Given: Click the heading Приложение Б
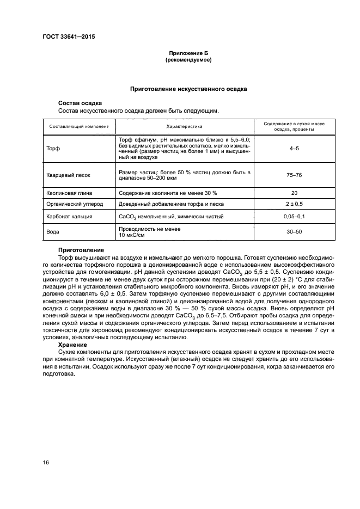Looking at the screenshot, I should pos(188,53).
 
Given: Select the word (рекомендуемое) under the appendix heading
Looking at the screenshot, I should pos(188,60).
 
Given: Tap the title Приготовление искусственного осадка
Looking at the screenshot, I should pos(188,88).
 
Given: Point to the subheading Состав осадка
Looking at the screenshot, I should pos(80,103).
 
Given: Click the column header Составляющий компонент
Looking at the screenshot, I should pos(79,126).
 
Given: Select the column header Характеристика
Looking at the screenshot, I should pos(184,126).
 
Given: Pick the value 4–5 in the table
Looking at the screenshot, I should pos(294,149).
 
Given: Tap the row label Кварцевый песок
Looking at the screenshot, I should pos(68,176).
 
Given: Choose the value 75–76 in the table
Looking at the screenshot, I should pos(294,176).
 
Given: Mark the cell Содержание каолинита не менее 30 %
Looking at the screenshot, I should pos(167,193).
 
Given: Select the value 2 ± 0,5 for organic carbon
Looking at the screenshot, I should pos(294,204).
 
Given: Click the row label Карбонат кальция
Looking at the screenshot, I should pos(70,216).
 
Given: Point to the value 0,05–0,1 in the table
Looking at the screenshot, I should pos(294,216).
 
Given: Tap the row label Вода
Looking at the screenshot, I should pos(53,232).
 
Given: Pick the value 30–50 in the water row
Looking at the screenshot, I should pos(294,232).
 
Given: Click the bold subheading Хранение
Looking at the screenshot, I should pos(72,345).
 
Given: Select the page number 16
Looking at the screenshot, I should pos(46,462).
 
